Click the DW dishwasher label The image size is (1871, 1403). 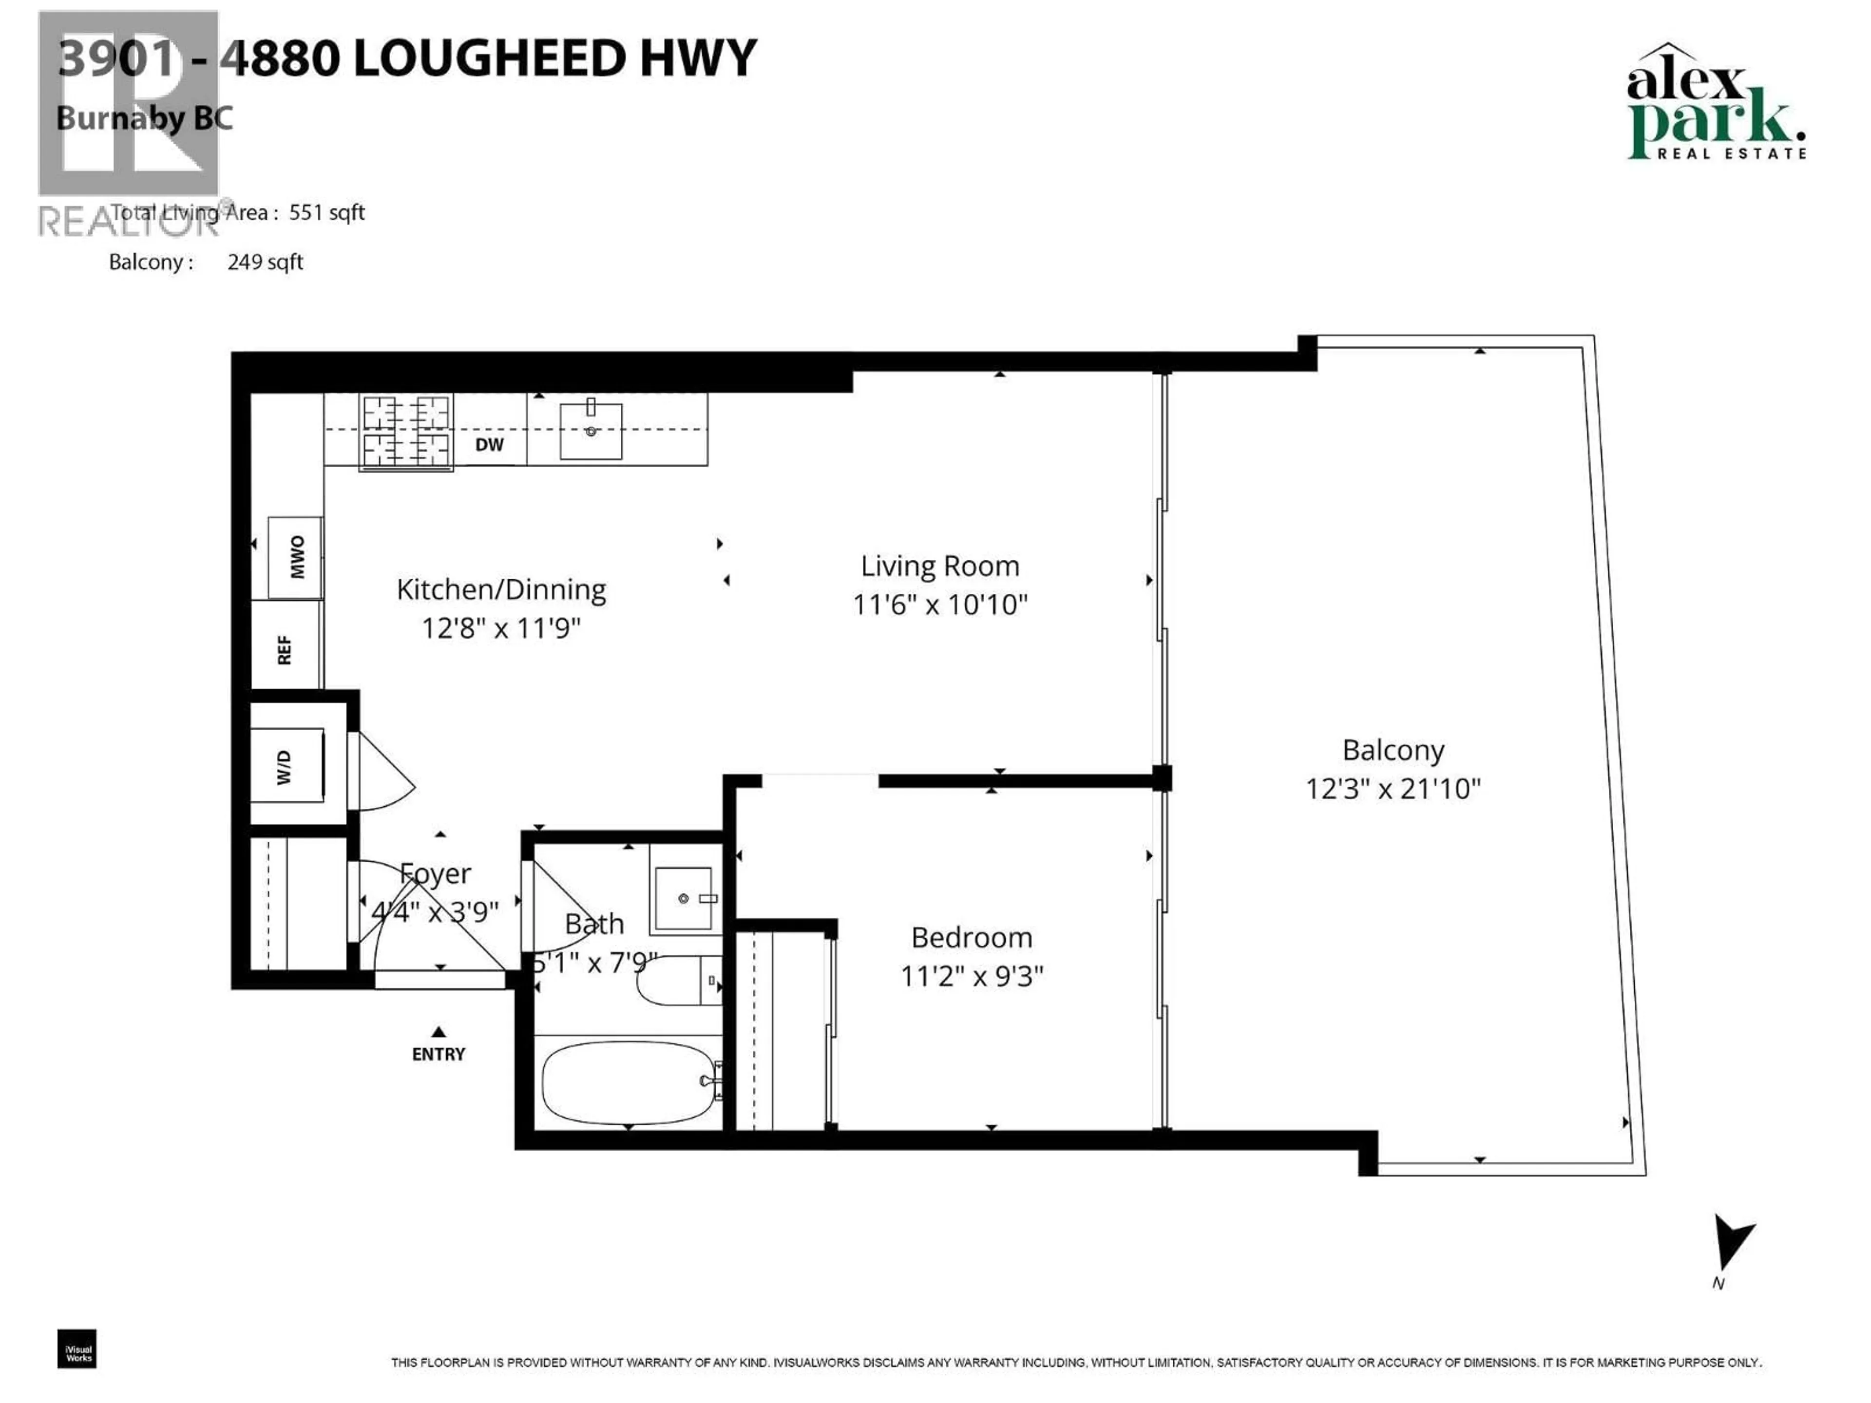coord(489,445)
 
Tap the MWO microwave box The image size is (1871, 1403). coord(295,557)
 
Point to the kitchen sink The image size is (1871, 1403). coord(591,431)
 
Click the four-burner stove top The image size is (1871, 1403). coord(405,431)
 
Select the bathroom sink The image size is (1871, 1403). coord(684,898)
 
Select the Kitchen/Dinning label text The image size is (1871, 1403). coord(501,589)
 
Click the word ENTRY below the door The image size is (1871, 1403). coord(438,1054)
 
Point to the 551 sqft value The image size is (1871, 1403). coord(326,212)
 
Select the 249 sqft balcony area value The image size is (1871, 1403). coord(265,262)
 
